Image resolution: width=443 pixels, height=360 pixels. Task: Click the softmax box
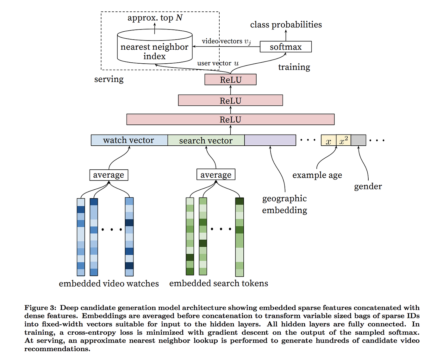coord(286,47)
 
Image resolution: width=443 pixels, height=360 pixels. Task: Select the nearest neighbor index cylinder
coord(155,47)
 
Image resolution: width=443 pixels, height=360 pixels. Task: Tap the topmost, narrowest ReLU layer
coord(230,80)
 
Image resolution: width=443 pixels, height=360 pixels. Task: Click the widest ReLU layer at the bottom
coord(230,119)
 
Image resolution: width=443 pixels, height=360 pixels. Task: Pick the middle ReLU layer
coord(230,100)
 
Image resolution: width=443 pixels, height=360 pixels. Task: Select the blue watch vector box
coord(129,140)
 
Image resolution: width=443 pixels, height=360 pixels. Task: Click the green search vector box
coord(206,140)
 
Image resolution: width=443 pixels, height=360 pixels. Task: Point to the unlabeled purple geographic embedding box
coord(270,140)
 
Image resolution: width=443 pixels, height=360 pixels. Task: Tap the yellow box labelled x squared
coord(343,140)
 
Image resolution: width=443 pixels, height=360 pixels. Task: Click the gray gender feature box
coord(359,140)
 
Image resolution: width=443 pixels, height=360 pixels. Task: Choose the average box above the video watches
coord(109,175)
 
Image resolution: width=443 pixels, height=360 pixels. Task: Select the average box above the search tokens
coord(216,175)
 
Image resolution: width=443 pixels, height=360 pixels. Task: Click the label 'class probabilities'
coord(286,25)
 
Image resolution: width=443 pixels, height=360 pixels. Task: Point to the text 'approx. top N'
coord(155,18)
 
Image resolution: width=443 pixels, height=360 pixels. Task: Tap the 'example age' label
coord(317,175)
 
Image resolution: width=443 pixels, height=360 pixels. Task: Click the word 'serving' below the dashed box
coord(109,79)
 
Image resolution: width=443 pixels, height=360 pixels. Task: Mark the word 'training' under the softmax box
coord(294,67)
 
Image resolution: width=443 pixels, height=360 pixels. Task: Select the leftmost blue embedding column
coord(81,237)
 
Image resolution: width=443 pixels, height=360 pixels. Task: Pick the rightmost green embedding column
coord(240,237)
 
